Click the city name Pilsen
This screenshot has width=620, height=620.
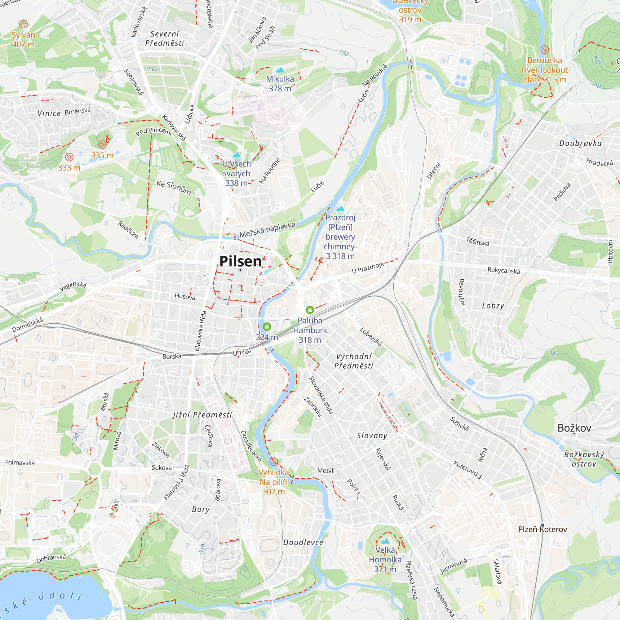click(240, 261)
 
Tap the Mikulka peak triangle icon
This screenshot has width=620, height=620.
click(280, 70)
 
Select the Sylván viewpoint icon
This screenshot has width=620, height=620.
click(24, 24)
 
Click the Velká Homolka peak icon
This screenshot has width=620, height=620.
click(385, 541)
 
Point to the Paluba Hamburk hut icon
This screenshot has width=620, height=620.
click(310, 310)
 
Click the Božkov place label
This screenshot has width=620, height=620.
click(574, 428)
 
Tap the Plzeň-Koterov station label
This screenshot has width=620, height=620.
click(542, 529)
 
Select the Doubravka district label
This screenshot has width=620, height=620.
click(580, 143)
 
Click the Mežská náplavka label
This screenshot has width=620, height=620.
click(267, 230)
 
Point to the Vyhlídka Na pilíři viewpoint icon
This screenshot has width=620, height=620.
click(273, 462)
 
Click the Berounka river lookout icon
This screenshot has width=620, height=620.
click(545, 49)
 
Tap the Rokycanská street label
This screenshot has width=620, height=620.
click(503, 270)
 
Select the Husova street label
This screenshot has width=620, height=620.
click(185, 296)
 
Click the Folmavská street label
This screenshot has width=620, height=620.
click(20, 463)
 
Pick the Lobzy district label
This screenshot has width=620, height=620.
click(493, 306)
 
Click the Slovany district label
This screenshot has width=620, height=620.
click(372, 436)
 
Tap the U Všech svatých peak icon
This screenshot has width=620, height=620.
click(237, 155)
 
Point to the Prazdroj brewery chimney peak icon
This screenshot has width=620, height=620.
click(340, 209)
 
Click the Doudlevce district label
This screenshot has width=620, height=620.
click(303, 542)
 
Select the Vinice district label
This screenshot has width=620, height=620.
click(49, 113)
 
